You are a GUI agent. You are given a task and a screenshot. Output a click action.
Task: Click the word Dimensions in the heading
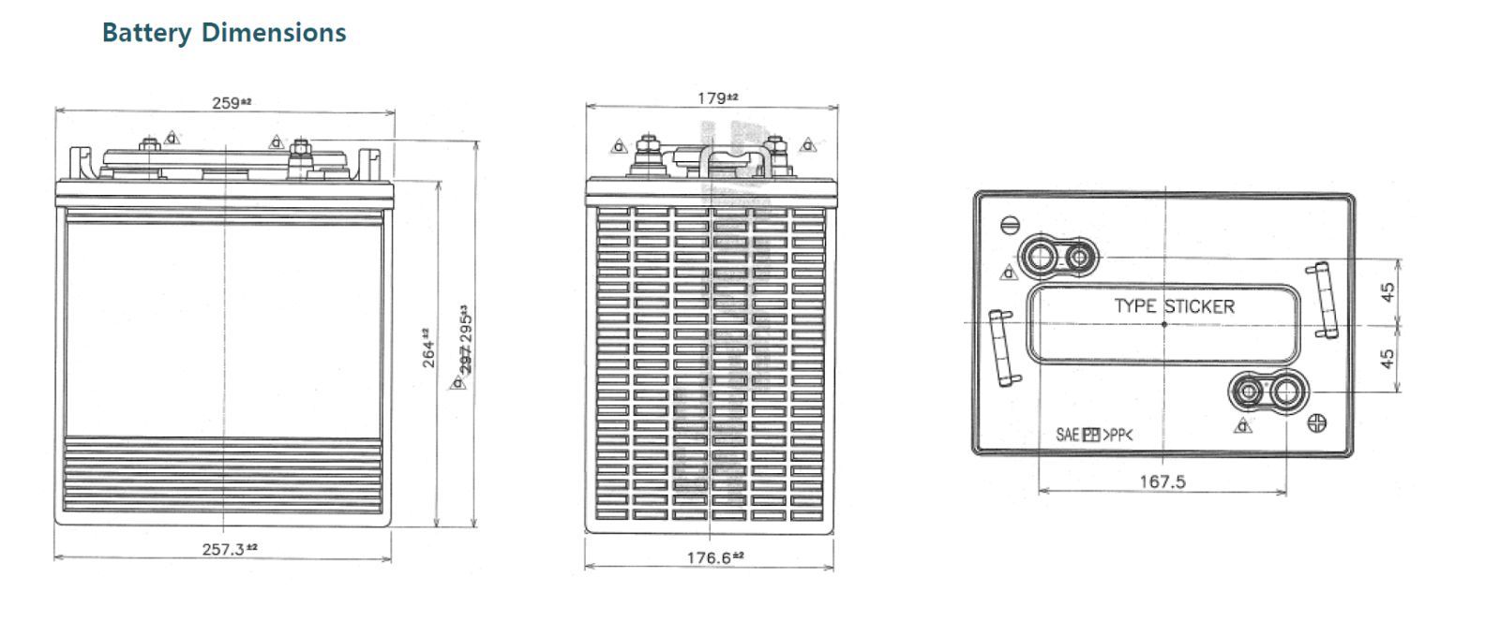(274, 33)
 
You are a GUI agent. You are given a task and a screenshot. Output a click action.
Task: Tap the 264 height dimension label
(427, 348)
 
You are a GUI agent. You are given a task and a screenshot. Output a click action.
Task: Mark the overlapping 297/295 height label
(465, 339)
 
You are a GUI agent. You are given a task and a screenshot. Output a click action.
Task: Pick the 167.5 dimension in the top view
(1162, 481)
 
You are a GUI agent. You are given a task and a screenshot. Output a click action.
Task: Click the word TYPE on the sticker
(1135, 306)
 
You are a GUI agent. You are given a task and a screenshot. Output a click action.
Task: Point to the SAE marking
(1067, 435)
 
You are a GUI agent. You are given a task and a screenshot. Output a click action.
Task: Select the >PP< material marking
(1118, 435)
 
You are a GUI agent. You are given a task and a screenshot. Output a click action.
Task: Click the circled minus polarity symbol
(1010, 225)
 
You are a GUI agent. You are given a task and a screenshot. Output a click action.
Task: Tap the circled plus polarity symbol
(1317, 423)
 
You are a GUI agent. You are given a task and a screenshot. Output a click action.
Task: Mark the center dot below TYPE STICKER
(1164, 324)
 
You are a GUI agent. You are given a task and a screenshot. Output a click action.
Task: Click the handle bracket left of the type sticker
(1004, 348)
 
